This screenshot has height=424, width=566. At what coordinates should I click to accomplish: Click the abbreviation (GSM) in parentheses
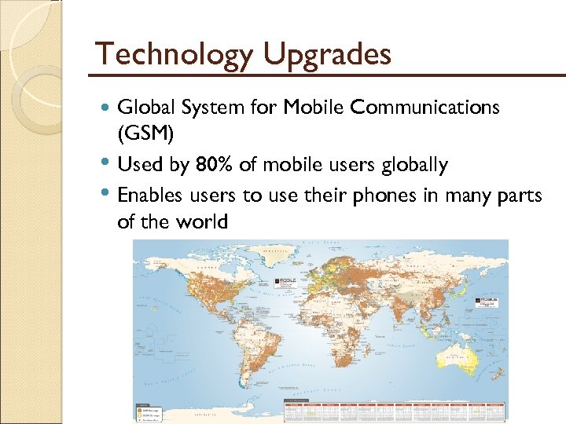coord(145,136)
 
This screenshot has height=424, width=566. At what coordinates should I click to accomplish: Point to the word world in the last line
coord(201,221)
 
